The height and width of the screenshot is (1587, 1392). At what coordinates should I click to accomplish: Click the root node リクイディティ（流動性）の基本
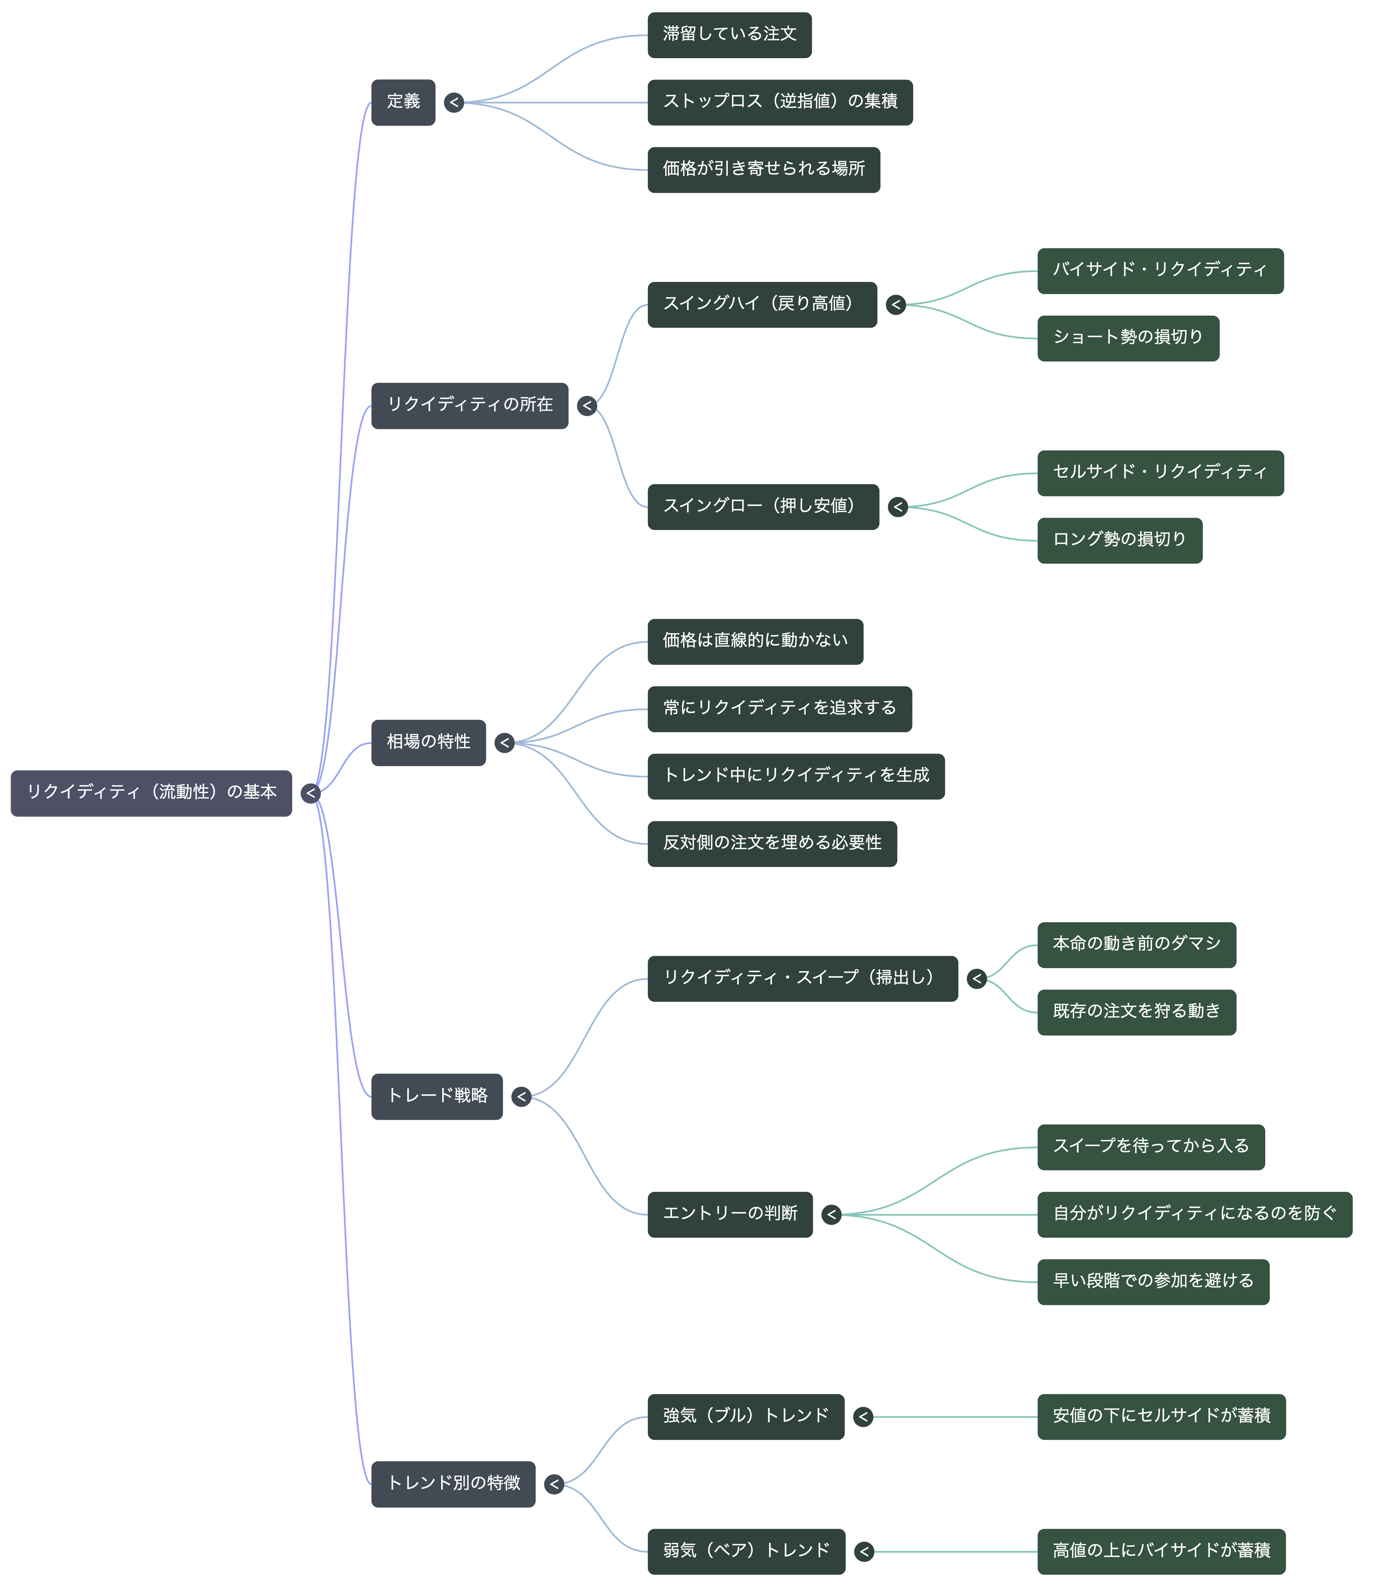click(151, 793)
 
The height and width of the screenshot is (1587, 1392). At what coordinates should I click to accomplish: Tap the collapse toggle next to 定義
click(453, 102)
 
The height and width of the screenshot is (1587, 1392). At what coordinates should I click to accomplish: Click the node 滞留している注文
click(730, 35)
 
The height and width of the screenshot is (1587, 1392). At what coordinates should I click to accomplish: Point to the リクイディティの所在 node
click(470, 405)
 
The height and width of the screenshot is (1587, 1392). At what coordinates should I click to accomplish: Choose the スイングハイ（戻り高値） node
click(762, 304)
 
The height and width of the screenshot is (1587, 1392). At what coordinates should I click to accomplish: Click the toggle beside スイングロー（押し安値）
click(898, 507)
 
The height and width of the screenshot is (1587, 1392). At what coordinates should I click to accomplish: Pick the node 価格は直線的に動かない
click(755, 641)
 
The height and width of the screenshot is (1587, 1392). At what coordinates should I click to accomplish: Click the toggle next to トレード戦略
click(521, 1096)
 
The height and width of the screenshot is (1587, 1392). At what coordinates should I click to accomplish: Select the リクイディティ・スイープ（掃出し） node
click(803, 978)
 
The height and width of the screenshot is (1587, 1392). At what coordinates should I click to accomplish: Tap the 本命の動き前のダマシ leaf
click(1136, 945)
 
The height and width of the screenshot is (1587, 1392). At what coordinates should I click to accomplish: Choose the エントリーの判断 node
click(730, 1214)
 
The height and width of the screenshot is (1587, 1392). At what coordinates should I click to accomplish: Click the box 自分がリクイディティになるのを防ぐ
click(1195, 1214)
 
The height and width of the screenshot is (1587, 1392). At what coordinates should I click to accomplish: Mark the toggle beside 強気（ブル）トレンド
click(863, 1417)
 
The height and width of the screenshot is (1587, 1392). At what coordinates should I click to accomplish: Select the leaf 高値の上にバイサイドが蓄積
click(1161, 1551)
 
